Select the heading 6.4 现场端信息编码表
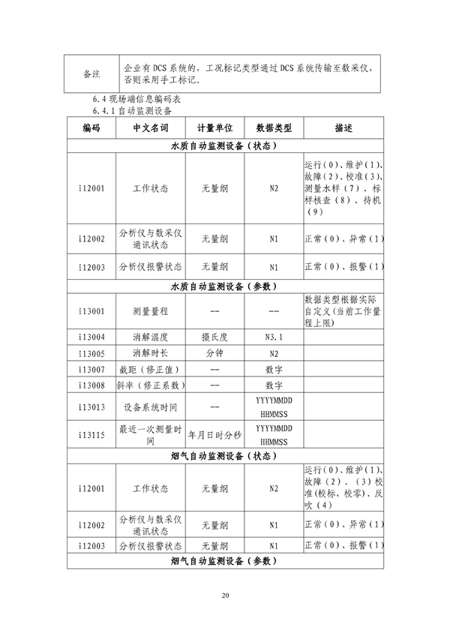pyautogui.click(x=133, y=99)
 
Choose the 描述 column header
pyautogui.click(x=343, y=128)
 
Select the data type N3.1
pyautogui.click(x=274, y=337)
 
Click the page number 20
pyautogui.click(x=224, y=595)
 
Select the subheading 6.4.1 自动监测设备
pyautogui.click(x=133, y=111)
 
